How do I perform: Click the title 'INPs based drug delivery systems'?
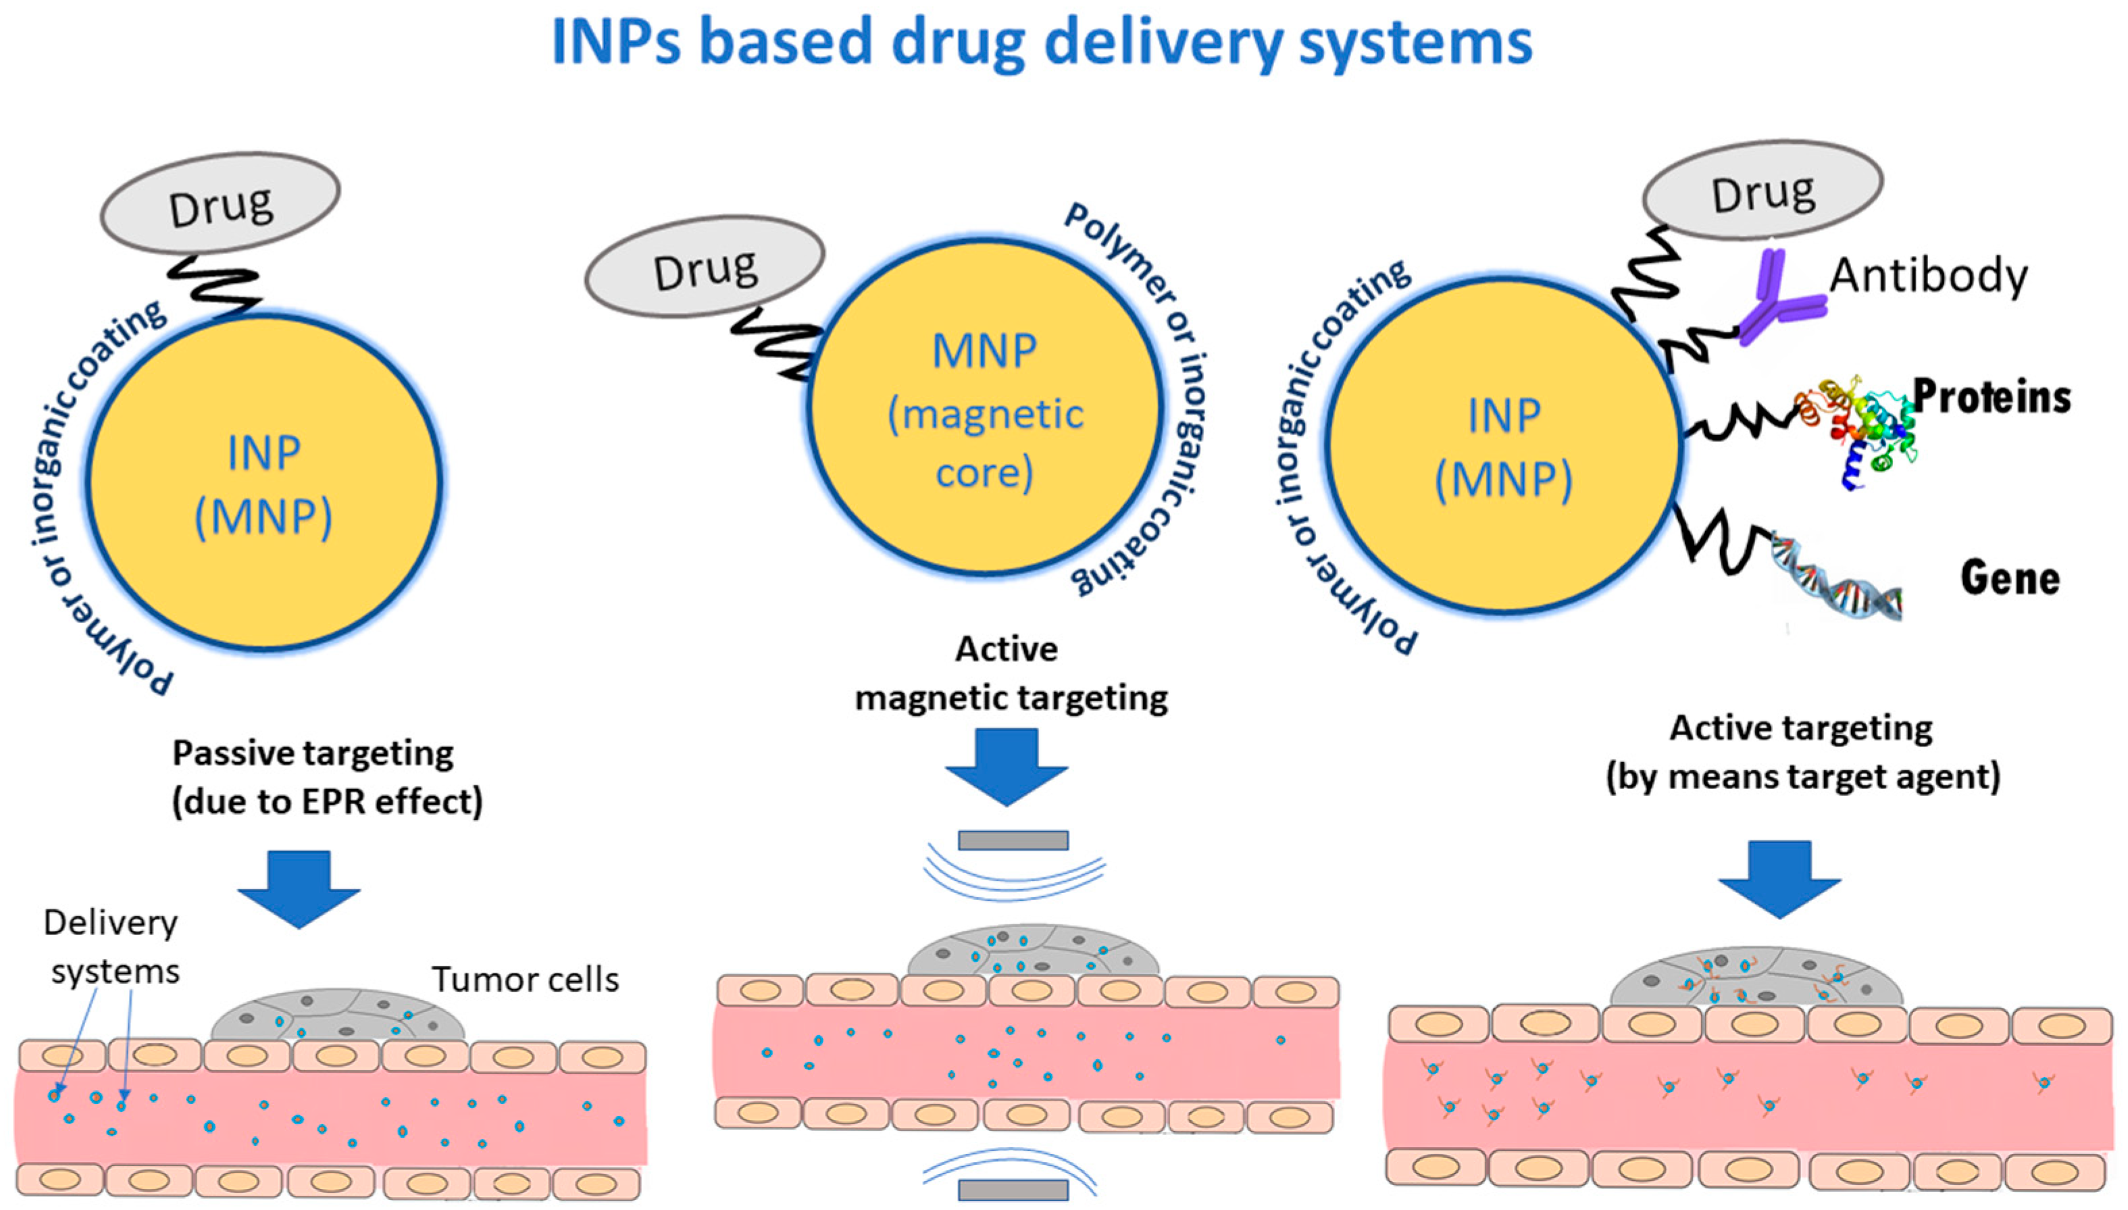tap(1041, 42)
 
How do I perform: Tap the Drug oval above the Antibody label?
tap(1763, 194)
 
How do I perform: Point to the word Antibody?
tap(1928, 275)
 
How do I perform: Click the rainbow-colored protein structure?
tap(1861, 428)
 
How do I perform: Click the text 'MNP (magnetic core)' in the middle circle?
tap(986, 411)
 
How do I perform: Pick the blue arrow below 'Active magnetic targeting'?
tap(1007, 765)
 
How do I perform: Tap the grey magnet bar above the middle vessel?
tap(1013, 840)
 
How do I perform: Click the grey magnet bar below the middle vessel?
tap(1013, 1189)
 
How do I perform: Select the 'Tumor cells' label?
tap(525, 980)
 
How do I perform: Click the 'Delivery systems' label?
tap(111, 947)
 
